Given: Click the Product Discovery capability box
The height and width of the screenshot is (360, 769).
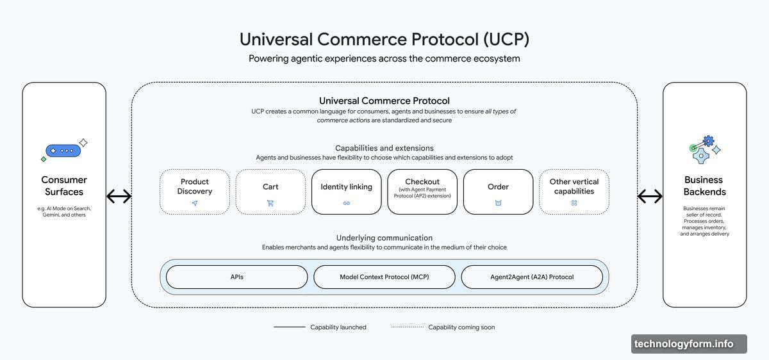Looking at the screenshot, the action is click(195, 192).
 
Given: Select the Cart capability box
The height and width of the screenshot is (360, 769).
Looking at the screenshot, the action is click(270, 192).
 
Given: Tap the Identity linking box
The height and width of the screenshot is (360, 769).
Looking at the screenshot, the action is click(347, 192).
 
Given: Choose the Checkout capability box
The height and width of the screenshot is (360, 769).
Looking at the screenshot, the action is click(422, 192).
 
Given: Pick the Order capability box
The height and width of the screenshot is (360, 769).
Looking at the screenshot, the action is click(498, 192).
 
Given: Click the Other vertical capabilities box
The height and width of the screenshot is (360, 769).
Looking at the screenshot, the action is click(574, 192).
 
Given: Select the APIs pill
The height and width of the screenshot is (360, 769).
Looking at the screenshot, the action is click(237, 277).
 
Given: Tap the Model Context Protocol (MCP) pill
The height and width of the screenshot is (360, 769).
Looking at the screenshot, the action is click(384, 277).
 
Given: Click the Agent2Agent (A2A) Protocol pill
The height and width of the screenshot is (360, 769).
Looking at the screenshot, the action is click(532, 277).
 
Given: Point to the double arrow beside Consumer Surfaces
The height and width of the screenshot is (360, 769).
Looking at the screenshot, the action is click(119, 196).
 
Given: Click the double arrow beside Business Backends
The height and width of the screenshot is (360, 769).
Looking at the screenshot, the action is click(650, 196).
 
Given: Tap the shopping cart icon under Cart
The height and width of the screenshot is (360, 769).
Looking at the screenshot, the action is click(270, 203).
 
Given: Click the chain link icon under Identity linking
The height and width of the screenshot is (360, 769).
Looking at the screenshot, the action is click(347, 203).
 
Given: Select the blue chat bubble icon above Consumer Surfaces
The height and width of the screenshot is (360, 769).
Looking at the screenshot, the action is click(63, 151).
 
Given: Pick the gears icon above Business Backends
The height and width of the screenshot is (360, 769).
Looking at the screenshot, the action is click(704, 150).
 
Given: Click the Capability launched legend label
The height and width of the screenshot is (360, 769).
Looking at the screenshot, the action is click(338, 327).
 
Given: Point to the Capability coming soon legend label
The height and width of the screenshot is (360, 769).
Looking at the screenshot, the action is click(461, 327).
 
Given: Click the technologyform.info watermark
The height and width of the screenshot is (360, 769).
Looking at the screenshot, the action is click(689, 344).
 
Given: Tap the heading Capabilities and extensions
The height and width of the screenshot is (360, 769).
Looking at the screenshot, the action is click(384, 148).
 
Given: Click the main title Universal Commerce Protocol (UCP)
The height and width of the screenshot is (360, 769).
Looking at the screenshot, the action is click(384, 39).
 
